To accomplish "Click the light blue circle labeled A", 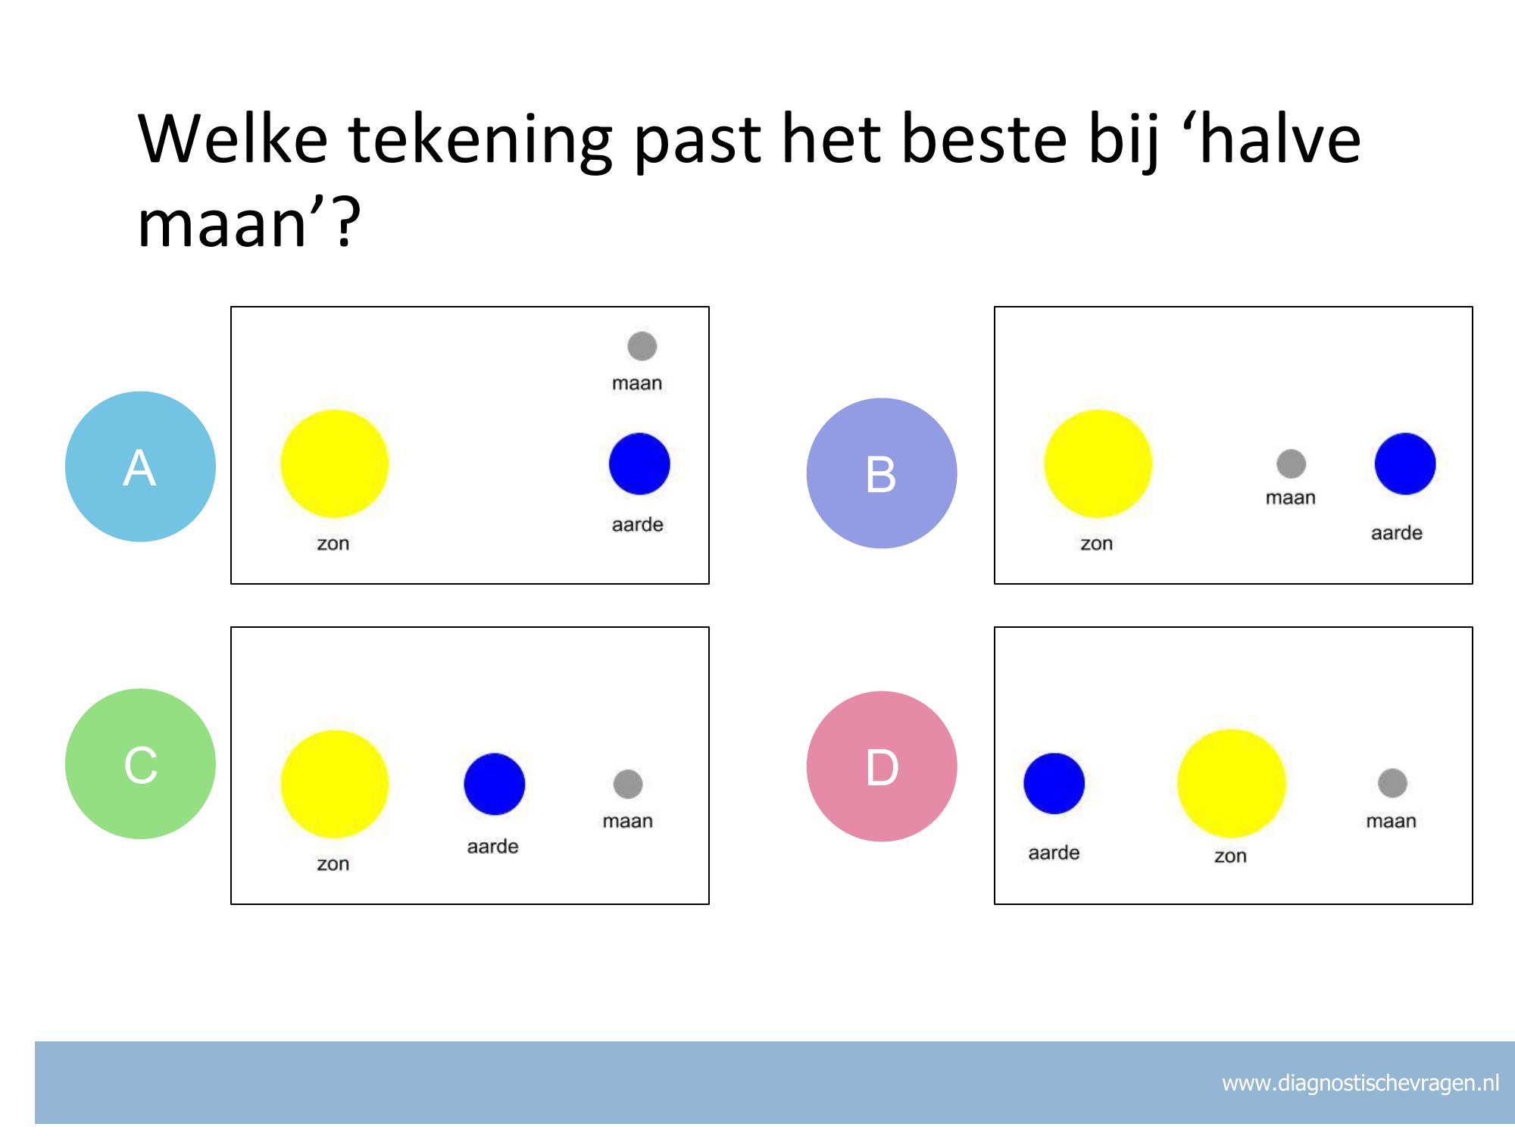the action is (140, 467).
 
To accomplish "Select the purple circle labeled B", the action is (882, 473).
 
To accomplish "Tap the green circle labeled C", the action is (140, 763).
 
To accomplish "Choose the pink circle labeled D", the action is (882, 766).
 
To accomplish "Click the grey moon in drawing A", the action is (642, 346).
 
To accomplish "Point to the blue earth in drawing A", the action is (639, 463).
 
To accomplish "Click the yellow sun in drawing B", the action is (1098, 463).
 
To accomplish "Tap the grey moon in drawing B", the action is (1292, 463).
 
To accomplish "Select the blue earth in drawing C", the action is (495, 784).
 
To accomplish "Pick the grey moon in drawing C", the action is (628, 784).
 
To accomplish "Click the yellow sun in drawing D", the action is (1232, 783).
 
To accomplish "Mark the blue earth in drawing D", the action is (1054, 783).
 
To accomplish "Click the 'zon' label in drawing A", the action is (333, 544).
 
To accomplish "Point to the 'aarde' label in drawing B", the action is (1397, 533).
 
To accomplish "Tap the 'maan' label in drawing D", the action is (1391, 821).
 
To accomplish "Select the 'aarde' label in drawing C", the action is (492, 846).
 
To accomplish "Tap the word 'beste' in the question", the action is (984, 139).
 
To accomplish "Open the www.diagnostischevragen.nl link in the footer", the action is (1360, 1083).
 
